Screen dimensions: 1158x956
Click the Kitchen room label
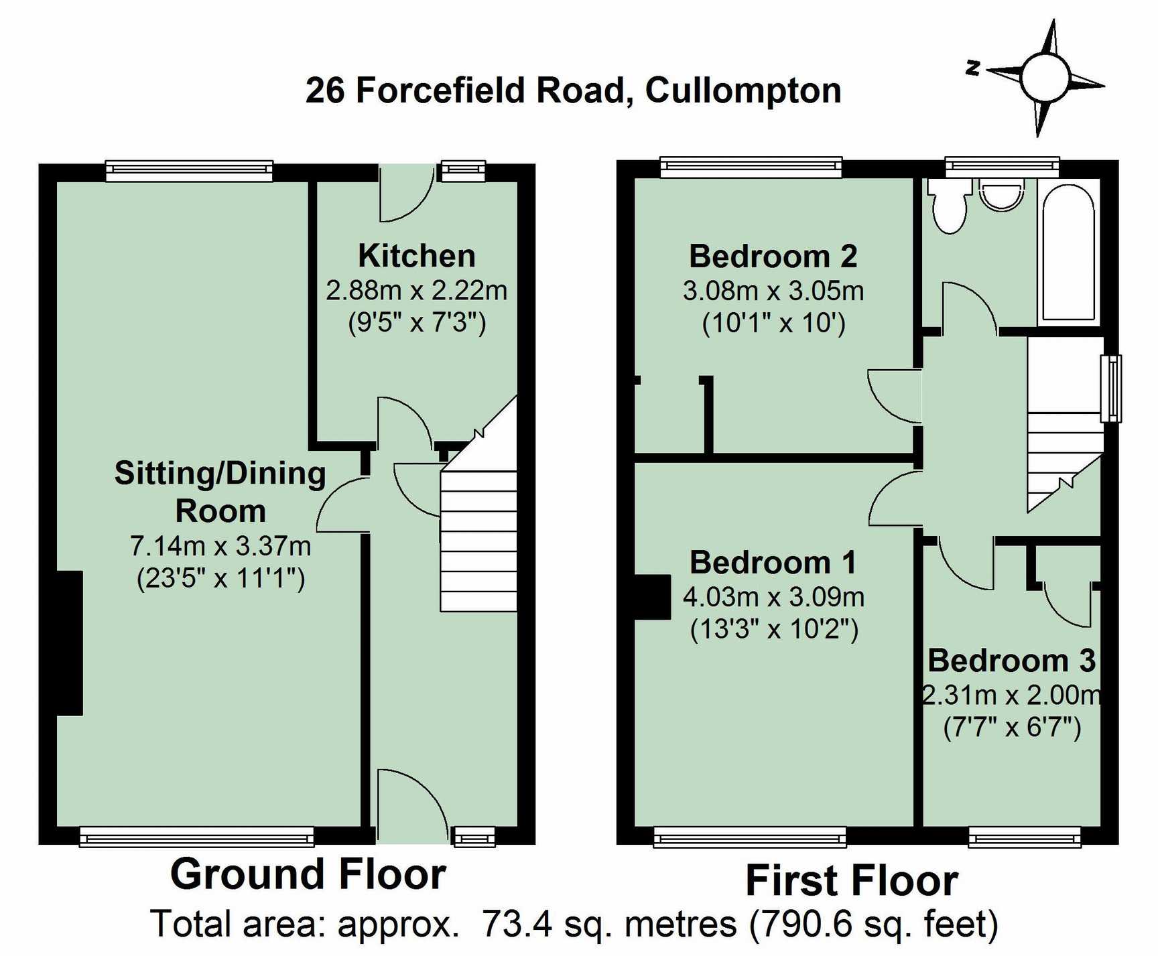pos(416,256)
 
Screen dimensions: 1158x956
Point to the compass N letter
pos(973,67)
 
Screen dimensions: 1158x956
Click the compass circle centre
pos(1045,77)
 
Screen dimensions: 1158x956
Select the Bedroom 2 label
pos(773,257)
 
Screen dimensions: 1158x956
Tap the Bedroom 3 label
pos(1011,661)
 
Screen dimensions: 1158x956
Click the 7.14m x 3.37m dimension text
pos(220,546)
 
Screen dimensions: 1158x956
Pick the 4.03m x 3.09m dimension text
pos(773,596)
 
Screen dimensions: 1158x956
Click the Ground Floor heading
pos(308,874)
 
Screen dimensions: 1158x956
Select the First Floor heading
pos(851,880)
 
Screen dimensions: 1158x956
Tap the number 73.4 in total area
pos(517,924)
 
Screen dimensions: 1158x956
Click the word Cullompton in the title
pos(743,90)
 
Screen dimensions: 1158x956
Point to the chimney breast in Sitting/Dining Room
pos(70,642)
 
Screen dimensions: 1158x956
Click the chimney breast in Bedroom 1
pos(652,596)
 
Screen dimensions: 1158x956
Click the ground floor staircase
pos(478,536)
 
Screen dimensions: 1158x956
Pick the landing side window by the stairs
pos(1110,388)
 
